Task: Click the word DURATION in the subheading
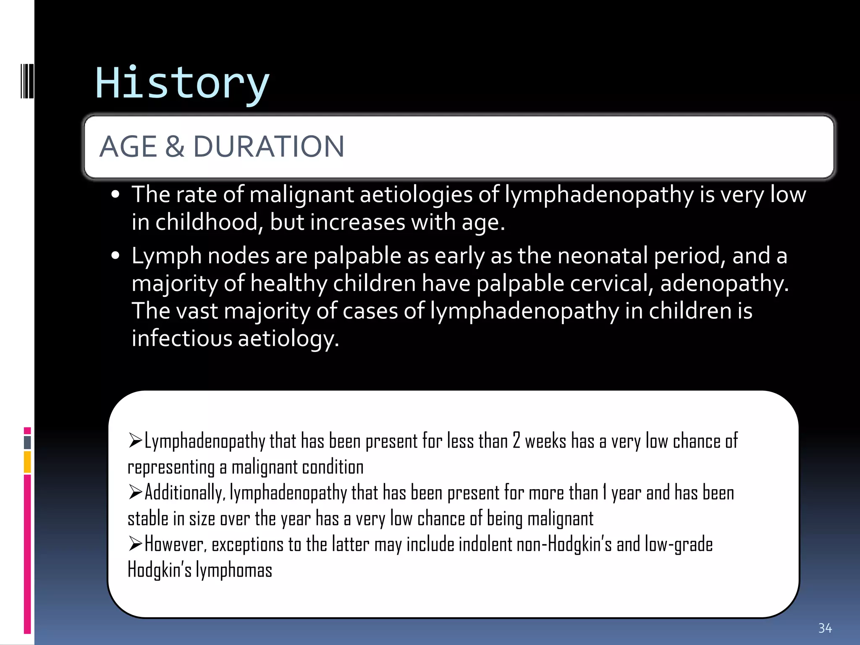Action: click(x=268, y=147)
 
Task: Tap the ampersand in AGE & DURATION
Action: click(x=175, y=147)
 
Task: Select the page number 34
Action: click(x=825, y=628)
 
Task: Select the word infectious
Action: click(x=181, y=338)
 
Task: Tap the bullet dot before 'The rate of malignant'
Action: click(x=116, y=195)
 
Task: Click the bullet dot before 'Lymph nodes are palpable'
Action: click(x=116, y=256)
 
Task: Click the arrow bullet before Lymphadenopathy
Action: click(x=136, y=440)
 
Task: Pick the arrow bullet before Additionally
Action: click(x=136, y=492)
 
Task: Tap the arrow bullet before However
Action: click(x=136, y=543)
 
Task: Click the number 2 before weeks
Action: click(x=516, y=441)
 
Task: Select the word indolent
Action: click(x=485, y=545)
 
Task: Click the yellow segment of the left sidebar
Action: click(x=27, y=461)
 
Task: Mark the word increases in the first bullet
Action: click(x=357, y=222)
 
